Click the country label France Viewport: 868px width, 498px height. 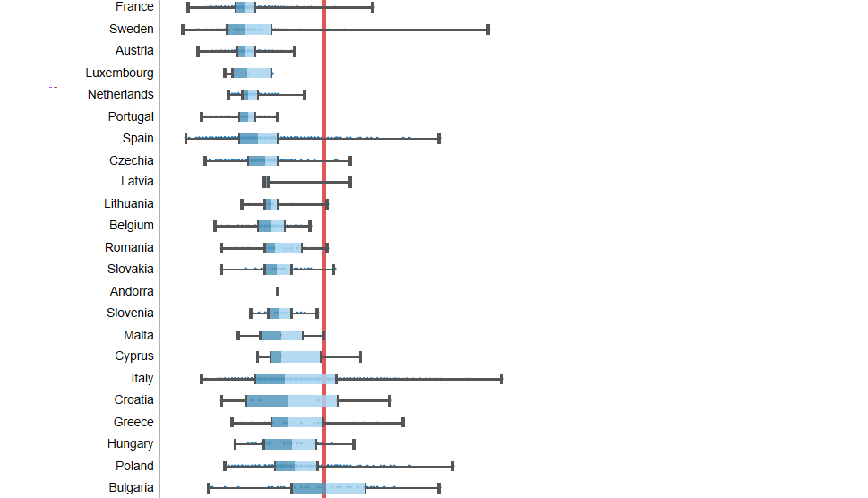tap(134, 7)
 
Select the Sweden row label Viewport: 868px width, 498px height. tap(132, 29)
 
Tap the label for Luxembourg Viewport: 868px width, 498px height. tap(120, 73)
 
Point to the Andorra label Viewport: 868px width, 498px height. tap(132, 291)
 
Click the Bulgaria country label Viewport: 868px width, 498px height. tap(132, 488)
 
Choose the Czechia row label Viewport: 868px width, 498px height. tap(132, 160)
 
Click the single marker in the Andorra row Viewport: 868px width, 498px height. tap(278, 291)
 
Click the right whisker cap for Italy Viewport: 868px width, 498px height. tap(502, 379)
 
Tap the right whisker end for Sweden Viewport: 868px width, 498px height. tap(488, 30)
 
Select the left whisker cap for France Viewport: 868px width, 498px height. tap(188, 7)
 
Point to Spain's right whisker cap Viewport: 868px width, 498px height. tap(439, 139)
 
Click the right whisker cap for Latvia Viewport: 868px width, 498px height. tap(350, 183)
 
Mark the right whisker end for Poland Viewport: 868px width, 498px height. tap(452, 466)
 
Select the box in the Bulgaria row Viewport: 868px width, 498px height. tap(328, 488)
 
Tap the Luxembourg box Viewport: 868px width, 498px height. tap(251, 73)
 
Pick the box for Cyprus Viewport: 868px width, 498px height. tap(295, 356)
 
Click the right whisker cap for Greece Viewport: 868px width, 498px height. tap(403, 422)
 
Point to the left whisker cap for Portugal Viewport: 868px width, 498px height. tap(202, 116)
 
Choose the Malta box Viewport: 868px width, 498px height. tap(281, 335)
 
